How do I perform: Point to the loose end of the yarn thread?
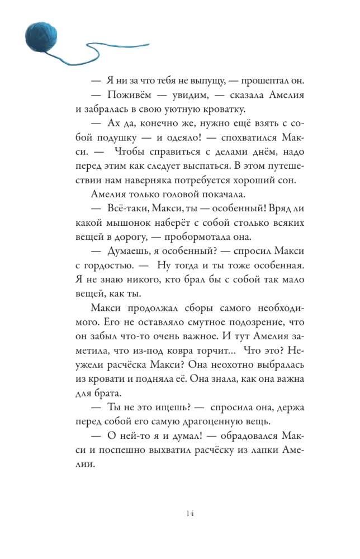pyautogui.click(x=149, y=44)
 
